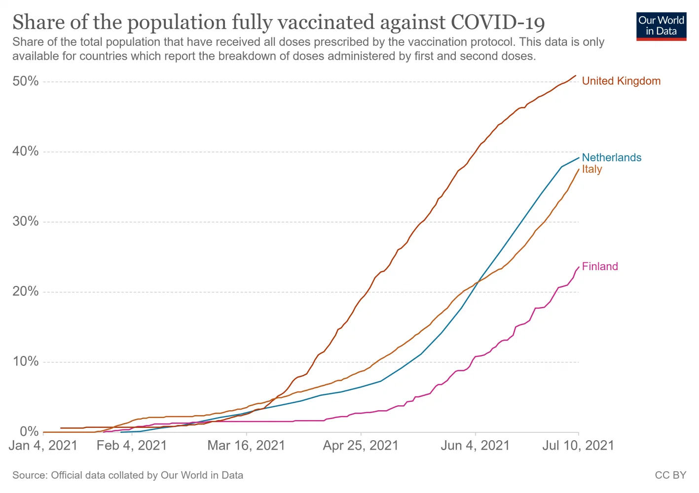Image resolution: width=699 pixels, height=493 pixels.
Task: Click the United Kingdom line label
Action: tap(621, 81)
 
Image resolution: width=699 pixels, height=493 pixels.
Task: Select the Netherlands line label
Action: tap(611, 158)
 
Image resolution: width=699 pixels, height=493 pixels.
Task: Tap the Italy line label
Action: tap(592, 170)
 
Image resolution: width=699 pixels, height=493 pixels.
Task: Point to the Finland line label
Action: tap(600, 267)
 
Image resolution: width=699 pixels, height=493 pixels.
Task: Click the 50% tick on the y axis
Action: tap(26, 81)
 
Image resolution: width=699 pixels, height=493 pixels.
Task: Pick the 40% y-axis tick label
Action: tap(26, 151)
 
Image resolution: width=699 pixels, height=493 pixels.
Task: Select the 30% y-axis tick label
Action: tap(26, 221)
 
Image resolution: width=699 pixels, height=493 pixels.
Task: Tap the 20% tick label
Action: tap(26, 291)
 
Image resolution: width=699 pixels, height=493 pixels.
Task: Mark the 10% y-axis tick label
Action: tap(26, 361)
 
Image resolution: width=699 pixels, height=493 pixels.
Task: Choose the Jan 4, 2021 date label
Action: tap(43, 446)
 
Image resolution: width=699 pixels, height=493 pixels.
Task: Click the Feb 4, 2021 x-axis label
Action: tap(132, 446)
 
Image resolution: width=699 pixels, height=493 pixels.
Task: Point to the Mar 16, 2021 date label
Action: tap(246, 446)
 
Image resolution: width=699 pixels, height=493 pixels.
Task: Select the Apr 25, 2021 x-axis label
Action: tap(361, 446)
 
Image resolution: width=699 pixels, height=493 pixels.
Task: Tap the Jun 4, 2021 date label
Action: tap(475, 446)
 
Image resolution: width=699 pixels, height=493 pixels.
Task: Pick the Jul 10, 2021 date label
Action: tap(578, 446)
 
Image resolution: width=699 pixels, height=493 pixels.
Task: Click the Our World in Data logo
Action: tap(661, 26)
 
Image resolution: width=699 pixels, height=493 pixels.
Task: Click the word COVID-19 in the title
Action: tap(498, 23)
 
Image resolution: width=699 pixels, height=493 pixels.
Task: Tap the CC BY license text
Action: tap(670, 475)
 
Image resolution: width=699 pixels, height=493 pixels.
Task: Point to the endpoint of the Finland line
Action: tap(579, 267)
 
